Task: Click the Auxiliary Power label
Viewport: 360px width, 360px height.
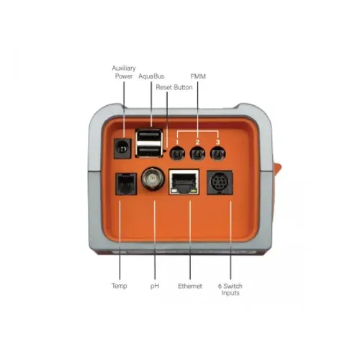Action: [124, 72]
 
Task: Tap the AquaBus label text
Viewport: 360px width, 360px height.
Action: [151, 76]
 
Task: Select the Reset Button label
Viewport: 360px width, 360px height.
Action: [174, 87]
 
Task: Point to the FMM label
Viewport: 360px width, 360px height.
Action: [198, 76]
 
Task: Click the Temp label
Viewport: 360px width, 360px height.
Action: [120, 286]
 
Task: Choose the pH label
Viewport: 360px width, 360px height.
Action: [155, 286]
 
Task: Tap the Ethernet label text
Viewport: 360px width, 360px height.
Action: [190, 286]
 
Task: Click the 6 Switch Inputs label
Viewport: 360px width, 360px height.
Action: [230, 289]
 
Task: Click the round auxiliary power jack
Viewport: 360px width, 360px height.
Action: [122, 148]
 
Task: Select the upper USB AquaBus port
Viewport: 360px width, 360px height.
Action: [149, 135]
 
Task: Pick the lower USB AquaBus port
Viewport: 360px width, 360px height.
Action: [149, 151]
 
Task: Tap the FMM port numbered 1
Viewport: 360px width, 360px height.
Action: [177, 153]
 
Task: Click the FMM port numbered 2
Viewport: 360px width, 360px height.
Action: [197, 153]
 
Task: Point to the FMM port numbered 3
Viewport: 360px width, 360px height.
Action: [217, 153]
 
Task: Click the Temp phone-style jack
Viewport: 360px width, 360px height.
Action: [126, 184]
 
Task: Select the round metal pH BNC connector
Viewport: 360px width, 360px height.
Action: [153, 179]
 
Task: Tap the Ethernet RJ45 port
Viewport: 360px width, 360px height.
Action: [184, 182]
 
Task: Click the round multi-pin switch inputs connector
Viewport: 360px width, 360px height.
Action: [220, 183]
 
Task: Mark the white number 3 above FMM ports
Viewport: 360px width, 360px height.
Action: [217, 142]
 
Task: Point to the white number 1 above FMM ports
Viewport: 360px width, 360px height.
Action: [177, 142]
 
